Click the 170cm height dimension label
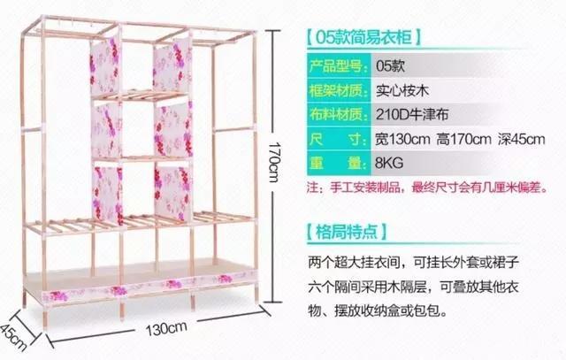(274, 162)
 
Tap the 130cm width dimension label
(166, 328)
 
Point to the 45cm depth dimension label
(14, 337)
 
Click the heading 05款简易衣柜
(363, 37)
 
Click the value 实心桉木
(402, 90)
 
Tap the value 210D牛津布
(412, 114)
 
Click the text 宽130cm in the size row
(402, 139)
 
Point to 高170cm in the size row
(463, 139)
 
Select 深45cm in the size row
(522, 139)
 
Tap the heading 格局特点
(347, 232)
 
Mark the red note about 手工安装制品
(427, 188)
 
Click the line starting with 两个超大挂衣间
(413, 263)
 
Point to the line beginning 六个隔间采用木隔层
(413, 287)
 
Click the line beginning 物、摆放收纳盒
(378, 310)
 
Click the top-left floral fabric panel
(104, 67)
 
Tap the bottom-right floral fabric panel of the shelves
(173, 193)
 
